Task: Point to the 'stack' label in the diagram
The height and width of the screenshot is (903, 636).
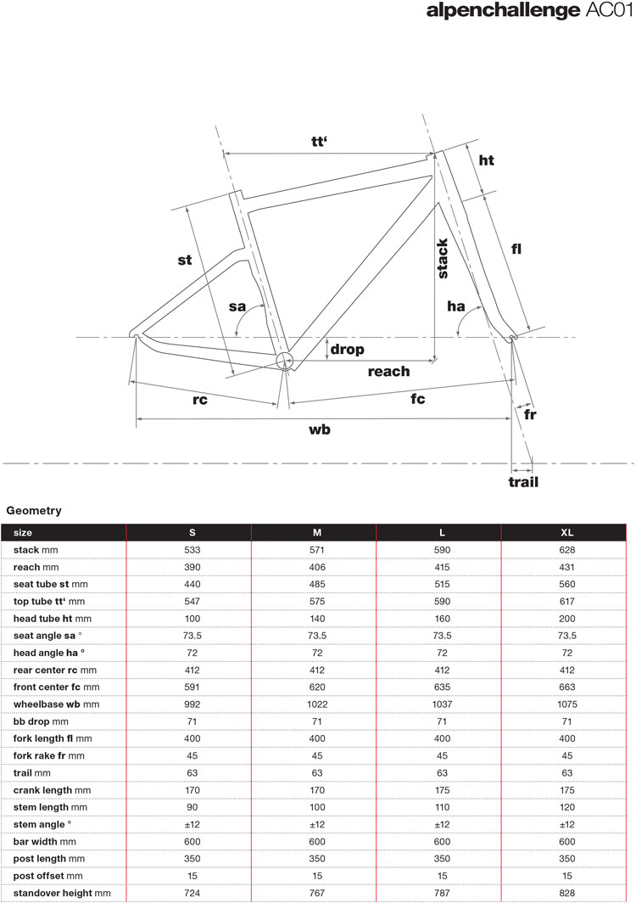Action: tap(442, 259)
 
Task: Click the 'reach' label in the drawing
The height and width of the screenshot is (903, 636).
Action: tap(388, 371)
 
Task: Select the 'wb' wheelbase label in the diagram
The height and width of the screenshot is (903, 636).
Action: tap(319, 429)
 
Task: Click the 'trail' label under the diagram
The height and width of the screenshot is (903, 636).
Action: tap(523, 482)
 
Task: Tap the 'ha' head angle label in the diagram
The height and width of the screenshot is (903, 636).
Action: tap(457, 306)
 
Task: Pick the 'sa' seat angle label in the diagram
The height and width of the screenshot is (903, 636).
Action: tap(237, 306)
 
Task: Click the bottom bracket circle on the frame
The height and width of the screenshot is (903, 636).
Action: tap(284, 361)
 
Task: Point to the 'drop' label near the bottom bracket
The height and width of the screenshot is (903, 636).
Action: tap(347, 349)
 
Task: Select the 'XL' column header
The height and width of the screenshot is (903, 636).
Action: tap(567, 532)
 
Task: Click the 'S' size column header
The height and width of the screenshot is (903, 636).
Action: tap(192, 532)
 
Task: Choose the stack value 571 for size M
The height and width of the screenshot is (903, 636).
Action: tap(316, 551)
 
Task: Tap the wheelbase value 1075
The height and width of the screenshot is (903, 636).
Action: tap(567, 704)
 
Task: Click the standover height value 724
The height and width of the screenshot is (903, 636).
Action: tap(192, 893)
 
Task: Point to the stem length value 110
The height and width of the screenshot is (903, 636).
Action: tap(442, 807)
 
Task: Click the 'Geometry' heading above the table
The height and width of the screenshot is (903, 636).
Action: tap(33, 511)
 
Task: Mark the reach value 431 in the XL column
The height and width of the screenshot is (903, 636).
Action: tap(567, 567)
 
